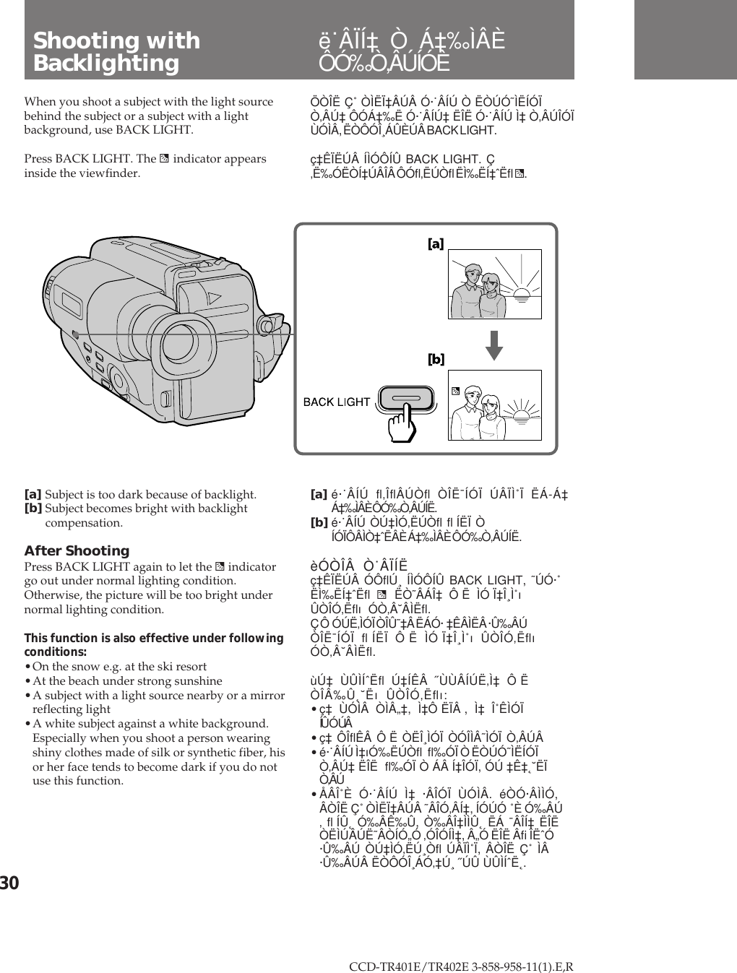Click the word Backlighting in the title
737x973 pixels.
(106, 64)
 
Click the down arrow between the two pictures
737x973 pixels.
(494, 343)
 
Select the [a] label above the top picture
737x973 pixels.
(436, 245)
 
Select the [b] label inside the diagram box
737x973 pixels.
(436, 359)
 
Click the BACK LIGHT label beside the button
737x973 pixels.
(336, 402)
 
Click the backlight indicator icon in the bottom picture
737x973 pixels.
(456, 391)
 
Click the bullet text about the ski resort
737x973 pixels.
(119, 666)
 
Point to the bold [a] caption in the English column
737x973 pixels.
(33, 495)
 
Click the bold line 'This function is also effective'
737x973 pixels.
(153, 639)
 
